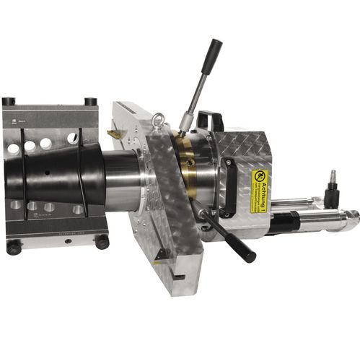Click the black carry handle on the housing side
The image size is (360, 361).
[x=230, y=187]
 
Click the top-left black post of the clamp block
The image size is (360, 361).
[x=9, y=102]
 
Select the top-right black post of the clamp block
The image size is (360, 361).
[x=90, y=102]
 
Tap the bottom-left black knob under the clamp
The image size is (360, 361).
[x=13, y=247]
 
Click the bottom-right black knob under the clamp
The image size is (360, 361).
[x=101, y=242]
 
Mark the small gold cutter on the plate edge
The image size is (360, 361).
[x=113, y=134]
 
